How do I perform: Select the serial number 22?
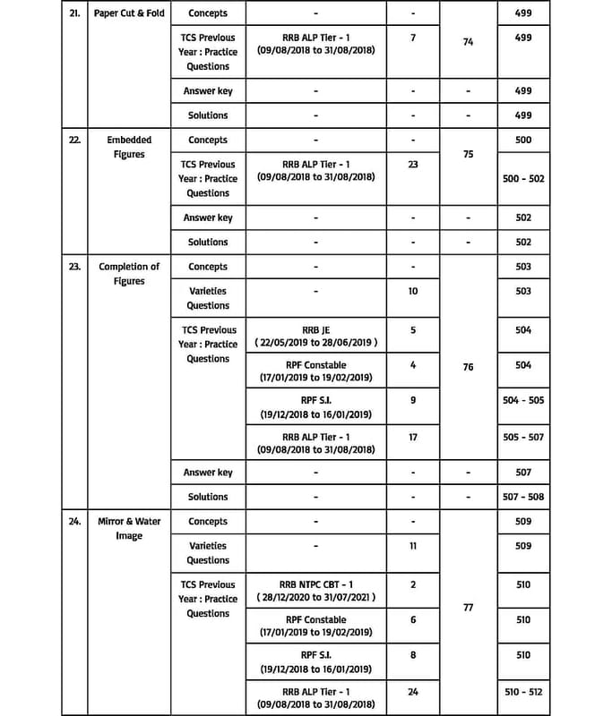75,141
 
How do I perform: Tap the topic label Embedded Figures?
129,148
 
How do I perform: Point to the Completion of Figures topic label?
129,274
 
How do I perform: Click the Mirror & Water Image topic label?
129,529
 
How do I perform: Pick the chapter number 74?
468,42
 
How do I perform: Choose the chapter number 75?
468,154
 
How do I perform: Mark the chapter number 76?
468,368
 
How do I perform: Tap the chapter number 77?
468,608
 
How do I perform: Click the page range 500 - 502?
523,179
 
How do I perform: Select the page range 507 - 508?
523,497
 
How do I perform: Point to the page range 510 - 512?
523,692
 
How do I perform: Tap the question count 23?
413,165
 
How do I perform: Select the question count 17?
413,438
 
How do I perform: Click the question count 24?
413,692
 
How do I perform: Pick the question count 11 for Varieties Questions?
413,546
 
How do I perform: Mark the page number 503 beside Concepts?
523,267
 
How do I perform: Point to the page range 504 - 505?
523,401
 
